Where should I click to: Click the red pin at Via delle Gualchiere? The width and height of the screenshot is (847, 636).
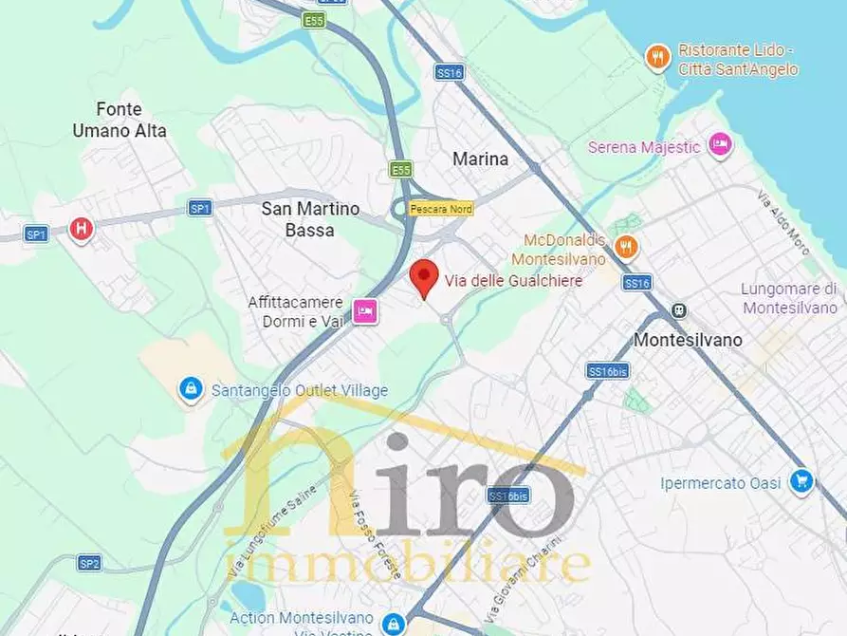424,276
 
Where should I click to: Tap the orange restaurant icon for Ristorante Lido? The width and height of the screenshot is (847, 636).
657,58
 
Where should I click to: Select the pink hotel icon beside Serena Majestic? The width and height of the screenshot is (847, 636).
720,145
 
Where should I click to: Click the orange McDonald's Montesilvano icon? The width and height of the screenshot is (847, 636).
625,247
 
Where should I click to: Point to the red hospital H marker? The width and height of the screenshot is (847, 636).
82,228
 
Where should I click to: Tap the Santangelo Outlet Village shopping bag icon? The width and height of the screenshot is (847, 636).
191,389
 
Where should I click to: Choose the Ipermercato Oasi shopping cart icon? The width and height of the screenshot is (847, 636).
801,482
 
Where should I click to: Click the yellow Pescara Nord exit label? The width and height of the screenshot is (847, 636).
440,209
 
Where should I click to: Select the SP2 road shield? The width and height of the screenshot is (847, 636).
89,564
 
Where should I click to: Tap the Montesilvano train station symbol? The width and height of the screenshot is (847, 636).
678,310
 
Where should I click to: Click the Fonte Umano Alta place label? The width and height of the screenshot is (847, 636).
120,121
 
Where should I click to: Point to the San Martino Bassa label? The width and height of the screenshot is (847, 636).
310,218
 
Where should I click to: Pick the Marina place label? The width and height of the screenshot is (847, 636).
480,159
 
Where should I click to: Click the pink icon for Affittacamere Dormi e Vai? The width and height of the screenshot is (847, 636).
365,310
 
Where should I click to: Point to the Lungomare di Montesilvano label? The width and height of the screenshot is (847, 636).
789,298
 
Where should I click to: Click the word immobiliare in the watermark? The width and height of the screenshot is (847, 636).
408,564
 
